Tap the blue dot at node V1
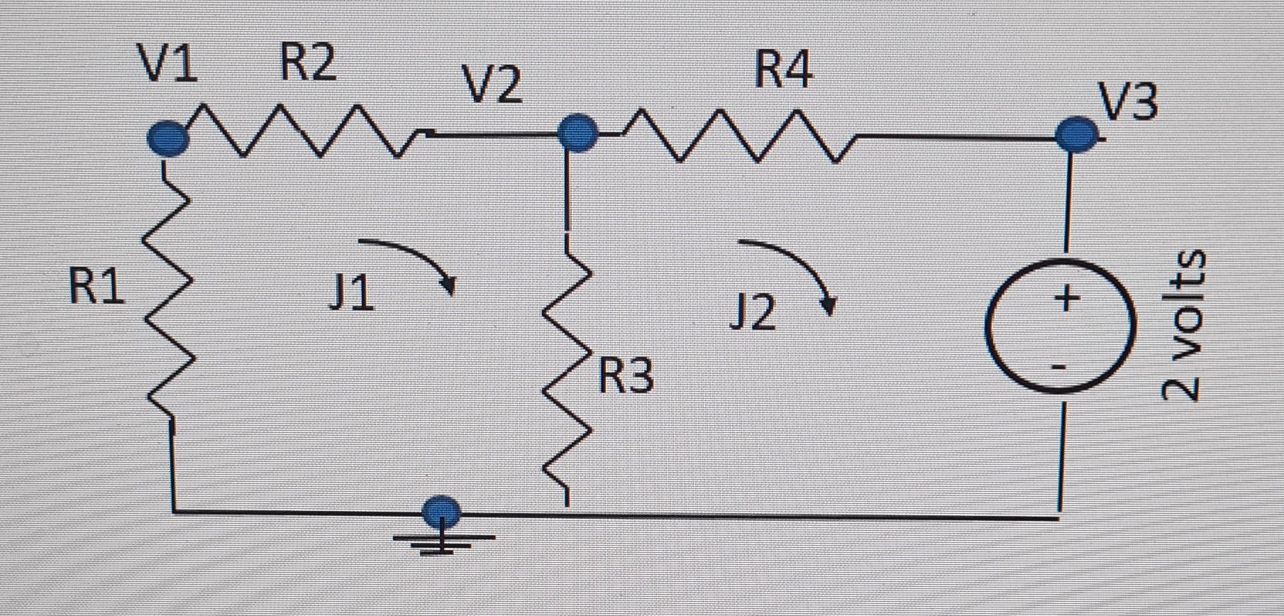[x=168, y=137]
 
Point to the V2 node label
[x=493, y=84]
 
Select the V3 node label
[x=1129, y=100]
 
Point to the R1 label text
[x=96, y=286]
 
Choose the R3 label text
[x=625, y=375]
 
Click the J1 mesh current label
[x=352, y=294]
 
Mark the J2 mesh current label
[x=753, y=314]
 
